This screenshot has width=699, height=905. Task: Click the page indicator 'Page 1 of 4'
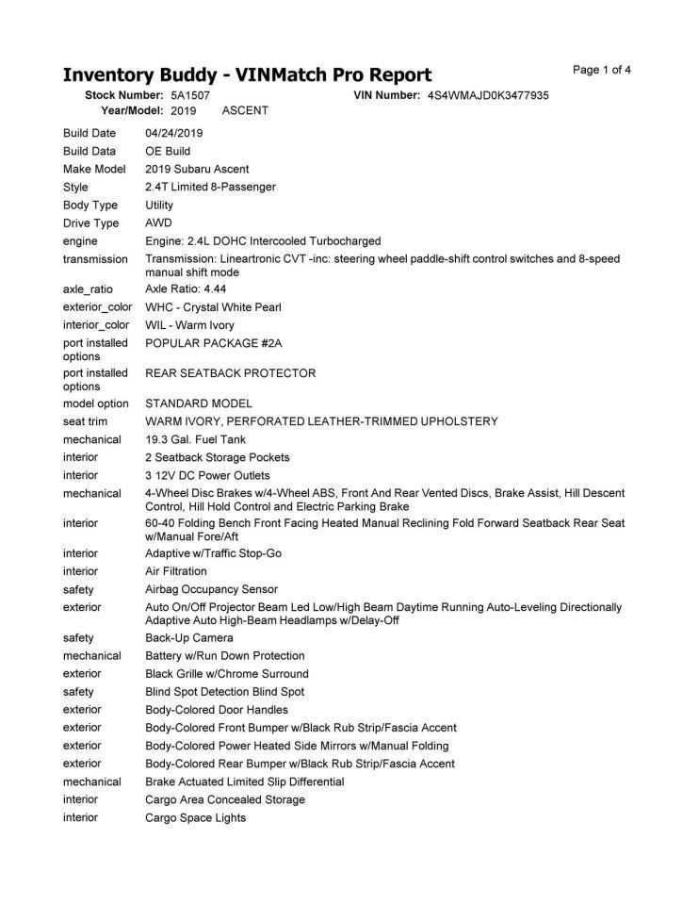pos(602,70)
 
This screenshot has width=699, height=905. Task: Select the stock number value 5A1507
pos(190,95)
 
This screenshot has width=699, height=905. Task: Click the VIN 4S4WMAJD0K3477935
pos(488,95)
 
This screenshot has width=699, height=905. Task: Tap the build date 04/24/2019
pos(174,133)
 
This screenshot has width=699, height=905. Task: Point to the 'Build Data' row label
pos(89,151)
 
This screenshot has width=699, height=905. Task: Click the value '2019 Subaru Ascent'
pos(197,169)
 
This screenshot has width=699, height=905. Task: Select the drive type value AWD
pos(158,223)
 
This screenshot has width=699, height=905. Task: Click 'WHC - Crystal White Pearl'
pos(213,307)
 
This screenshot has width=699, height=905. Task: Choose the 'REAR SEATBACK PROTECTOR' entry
pos(230,373)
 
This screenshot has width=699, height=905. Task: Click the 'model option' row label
pos(96,403)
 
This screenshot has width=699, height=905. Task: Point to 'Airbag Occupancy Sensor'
pos(211,589)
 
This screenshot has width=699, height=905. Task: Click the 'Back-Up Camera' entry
pos(188,638)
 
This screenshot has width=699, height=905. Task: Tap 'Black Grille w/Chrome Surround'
pos(226,674)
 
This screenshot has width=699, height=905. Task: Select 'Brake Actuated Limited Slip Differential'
pos(244,782)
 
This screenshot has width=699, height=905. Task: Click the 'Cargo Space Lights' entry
pos(195,817)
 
